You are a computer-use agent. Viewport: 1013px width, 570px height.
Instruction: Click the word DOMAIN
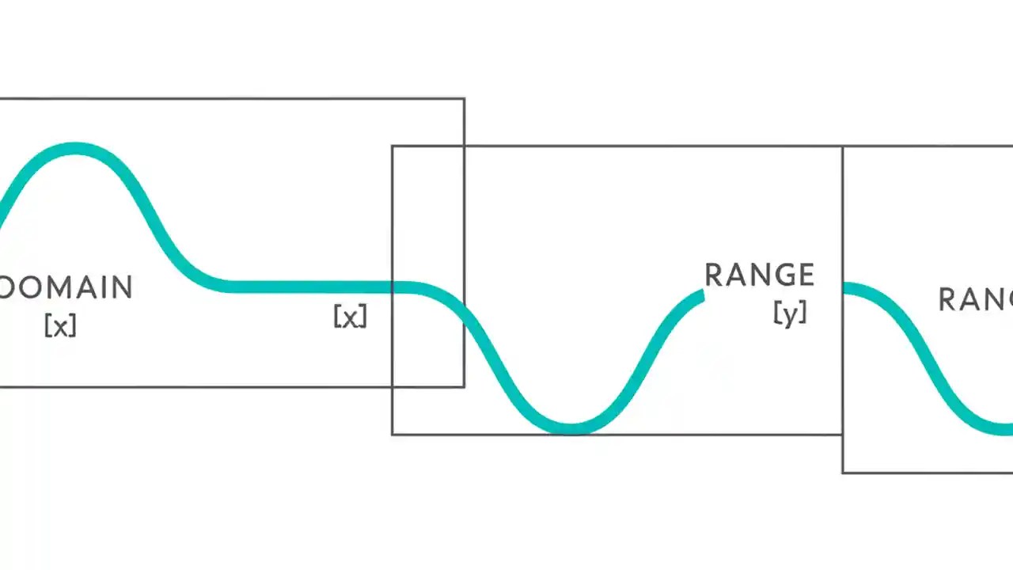point(65,287)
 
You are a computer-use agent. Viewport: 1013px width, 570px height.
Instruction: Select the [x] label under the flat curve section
point(350,317)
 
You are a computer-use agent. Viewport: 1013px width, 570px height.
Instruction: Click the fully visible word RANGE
point(759,275)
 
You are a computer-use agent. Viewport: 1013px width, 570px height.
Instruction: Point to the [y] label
point(790,313)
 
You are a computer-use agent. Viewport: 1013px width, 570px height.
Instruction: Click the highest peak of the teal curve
point(75,148)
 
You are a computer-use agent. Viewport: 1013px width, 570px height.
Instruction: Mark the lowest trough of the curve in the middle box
point(571,428)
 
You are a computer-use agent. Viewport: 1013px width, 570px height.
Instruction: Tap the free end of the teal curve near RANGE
point(701,295)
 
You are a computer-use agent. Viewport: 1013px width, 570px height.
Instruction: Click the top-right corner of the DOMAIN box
point(464,99)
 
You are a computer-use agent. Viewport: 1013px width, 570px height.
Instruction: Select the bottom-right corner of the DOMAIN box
point(464,386)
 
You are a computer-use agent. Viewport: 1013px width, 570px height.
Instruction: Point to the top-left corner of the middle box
point(393,146)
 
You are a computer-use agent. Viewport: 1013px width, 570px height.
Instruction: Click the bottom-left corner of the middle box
point(393,434)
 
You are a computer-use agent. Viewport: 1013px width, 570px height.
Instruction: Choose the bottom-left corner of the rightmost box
point(843,473)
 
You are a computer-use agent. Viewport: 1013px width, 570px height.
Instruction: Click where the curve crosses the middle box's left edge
point(393,287)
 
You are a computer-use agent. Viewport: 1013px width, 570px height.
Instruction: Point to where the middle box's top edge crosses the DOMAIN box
point(464,146)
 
